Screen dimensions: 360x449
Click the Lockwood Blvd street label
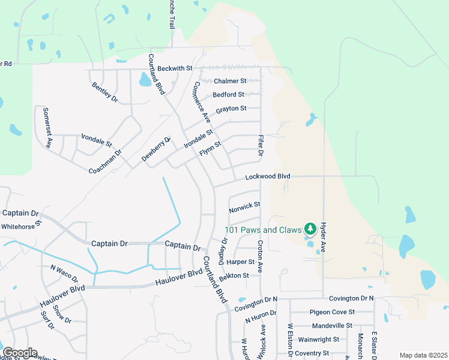pyautogui.click(x=268, y=177)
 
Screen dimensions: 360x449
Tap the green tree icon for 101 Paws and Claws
pyautogui.click(x=310, y=229)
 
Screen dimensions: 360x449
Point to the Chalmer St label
pyautogui.click(x=231, y=81)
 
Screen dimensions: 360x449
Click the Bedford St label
pyautogui.click(x=229, y=95)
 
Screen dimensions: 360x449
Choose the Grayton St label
pyautogui.click(x=231, y=109)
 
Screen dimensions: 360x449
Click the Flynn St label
pyautogui.click(x=211, y=148)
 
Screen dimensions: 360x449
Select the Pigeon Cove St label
pyautogui.click(x=332, y=312)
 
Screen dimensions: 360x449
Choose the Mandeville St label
pyautogui.click(x=332, y=326)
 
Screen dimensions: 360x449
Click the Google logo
pyautogui.click(x=19, y=353)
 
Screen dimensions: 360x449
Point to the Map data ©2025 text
pyautogui.click(x=423, y=355)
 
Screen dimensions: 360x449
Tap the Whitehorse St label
pyautogui.click(x=22, y=225)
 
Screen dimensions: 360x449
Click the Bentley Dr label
pyautogui.click(x=104, y=92)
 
